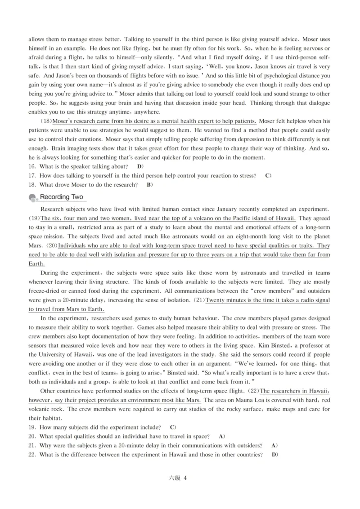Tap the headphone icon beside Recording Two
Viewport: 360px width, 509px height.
tap(33, 198)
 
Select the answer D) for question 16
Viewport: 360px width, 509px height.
tap(140, 166)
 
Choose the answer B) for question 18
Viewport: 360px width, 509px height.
tap(150, 184)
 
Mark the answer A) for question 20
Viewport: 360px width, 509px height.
tap(221, 436)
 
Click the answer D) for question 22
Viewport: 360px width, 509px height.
tap(274, 454)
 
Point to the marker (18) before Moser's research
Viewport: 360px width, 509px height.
tap(46, 121)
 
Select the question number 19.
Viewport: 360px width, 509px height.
tap(32, 427)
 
